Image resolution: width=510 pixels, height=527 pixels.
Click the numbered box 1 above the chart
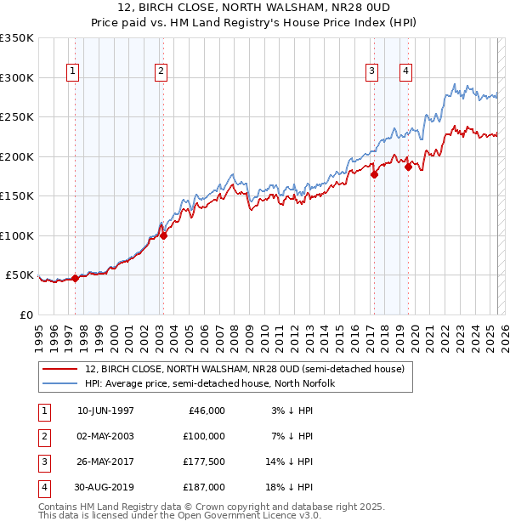click(x=72, y=71)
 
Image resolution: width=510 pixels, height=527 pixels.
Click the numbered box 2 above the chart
click(x=161, y=71)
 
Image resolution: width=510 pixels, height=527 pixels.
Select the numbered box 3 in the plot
click(x=372, y=71)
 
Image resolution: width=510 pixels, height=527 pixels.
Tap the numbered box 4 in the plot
click(x=406, y=71)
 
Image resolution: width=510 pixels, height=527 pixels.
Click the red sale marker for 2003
click(x=163, y=236)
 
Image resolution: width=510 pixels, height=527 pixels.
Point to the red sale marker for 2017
click(x=374, y=175)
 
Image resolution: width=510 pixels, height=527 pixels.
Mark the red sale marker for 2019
click(x=408, y=167)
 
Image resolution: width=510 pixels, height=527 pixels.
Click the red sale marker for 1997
click(x=75, y=278)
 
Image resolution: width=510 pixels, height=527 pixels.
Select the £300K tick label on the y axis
click(x=17, y=77)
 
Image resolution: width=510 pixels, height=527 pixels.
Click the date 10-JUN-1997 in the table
click(x=105, y=411)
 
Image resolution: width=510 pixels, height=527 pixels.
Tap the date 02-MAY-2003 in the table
click(x=105, y=436)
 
